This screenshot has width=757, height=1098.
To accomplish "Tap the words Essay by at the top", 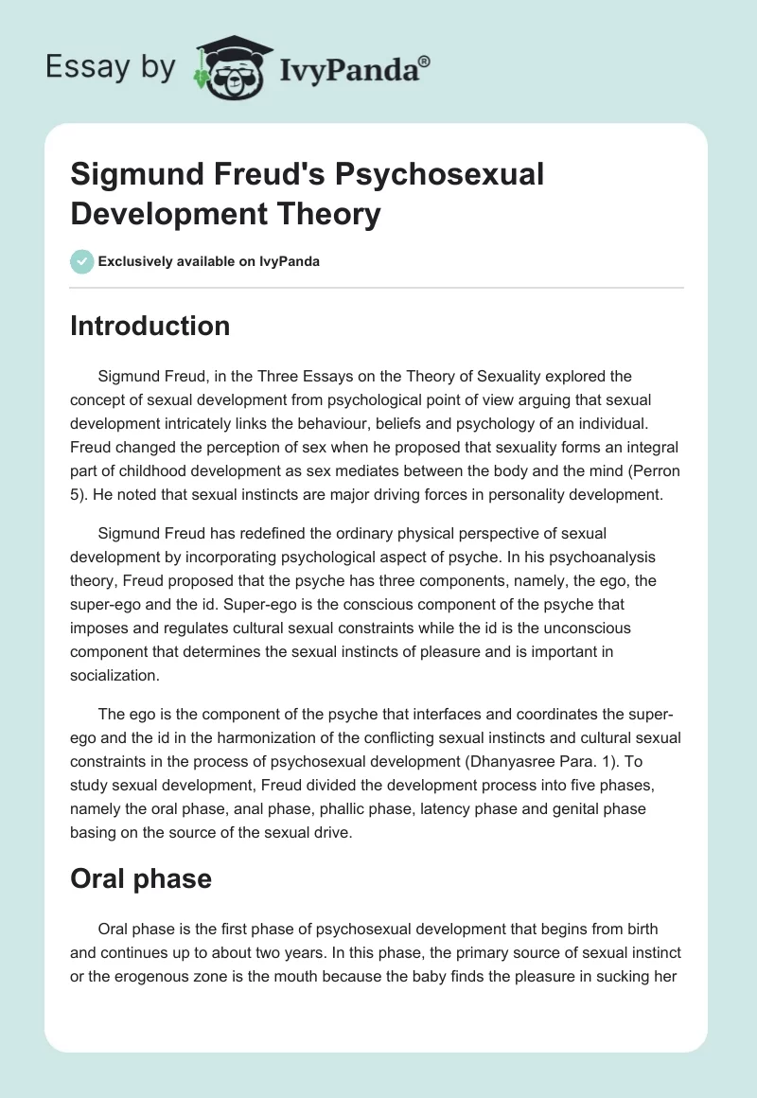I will [x=112, y=68].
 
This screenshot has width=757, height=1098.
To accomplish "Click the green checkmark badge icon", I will [x=82, y=261].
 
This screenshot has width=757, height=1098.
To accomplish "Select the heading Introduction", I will [x=150, y=326].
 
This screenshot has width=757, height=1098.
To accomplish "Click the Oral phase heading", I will [x=141, y=878].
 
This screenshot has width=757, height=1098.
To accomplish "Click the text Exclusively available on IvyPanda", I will [x=209, y=262].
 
